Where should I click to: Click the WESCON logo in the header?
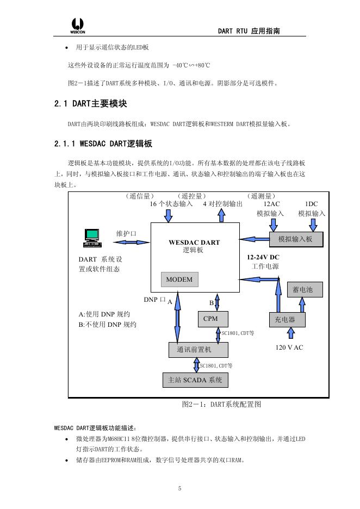[x=77, y=25]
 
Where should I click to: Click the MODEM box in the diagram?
[x=179, y=280]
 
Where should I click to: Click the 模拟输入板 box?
[x=296, y=239]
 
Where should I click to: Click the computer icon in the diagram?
[x=92, y=234]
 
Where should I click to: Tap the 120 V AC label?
[x=289, y=347]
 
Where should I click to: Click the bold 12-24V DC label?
[x=263, y=257]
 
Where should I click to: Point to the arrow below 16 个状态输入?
[x=169, y=215]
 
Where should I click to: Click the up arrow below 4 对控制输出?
[x=221, y=215]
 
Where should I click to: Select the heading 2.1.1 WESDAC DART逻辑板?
[x=103, y=144]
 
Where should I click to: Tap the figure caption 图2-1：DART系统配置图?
[x=221, y=405]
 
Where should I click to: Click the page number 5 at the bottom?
[x=179, y=488]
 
